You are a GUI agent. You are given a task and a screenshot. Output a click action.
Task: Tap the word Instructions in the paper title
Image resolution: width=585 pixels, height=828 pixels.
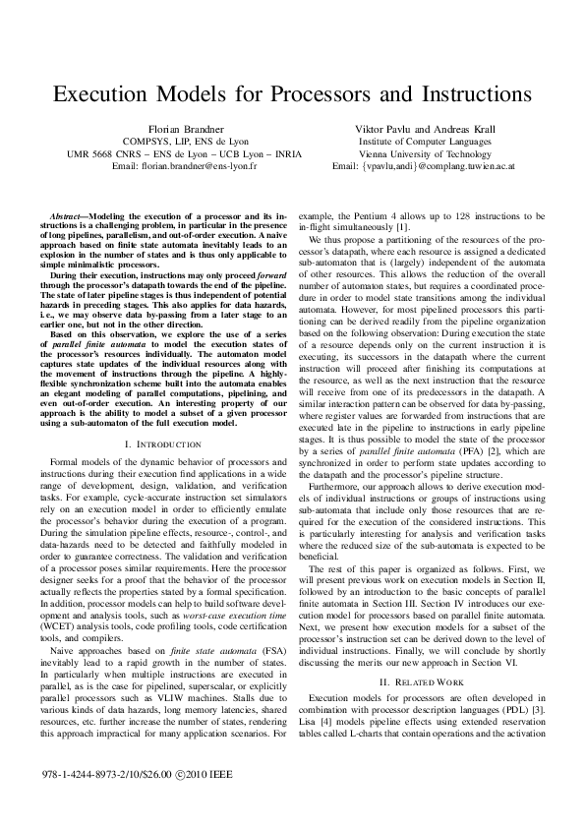click(459, 94)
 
